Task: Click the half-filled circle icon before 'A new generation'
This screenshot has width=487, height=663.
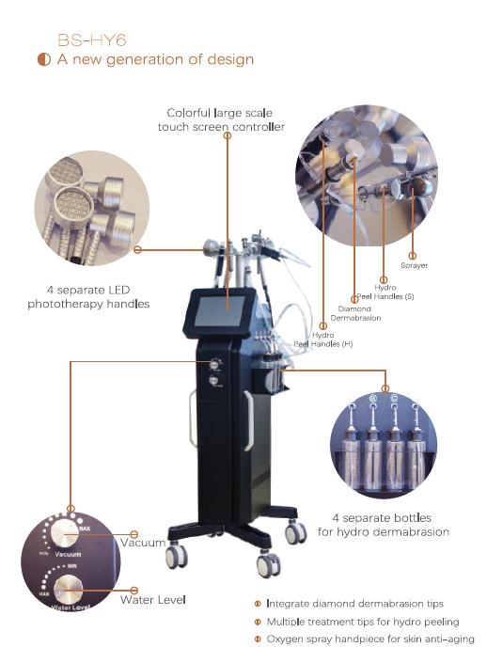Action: pyautogui.click(x=43, y=60)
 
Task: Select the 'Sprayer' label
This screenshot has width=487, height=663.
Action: pyautogui.click(x=414, y=265)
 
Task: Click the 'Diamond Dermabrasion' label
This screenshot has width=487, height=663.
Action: pyautogui.click(x=355, y=313)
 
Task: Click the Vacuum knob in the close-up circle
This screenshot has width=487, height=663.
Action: pyautogui.click(x=66, y=535)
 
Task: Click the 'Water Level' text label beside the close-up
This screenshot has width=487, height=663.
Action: pyautogui.click(x=152, y=599)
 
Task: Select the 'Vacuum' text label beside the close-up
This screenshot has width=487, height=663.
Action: pyautogui.click(x=143, y=542)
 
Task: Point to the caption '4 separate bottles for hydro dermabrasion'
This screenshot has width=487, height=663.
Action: pyautogui.click(x=390, y=524)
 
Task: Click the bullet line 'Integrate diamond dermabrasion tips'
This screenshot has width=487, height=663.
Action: pyautogui.click(x=354, y=603)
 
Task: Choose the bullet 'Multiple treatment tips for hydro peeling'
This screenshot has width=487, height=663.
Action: pyautogui.click(x=362, y=622)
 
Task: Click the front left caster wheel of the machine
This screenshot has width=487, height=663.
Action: pyautogui.click(x=175, y=557)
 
